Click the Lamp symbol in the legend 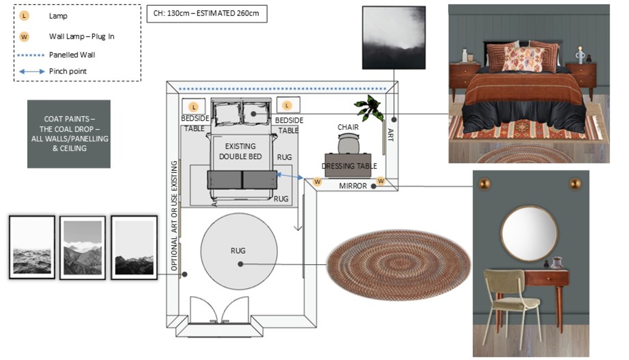24,16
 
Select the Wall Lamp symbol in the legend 24,37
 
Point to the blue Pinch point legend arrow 32,72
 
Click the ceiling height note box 207,13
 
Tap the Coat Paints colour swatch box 69,134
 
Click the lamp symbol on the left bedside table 194,107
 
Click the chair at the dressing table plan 348,143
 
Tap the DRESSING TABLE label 349,166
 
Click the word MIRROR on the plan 352,186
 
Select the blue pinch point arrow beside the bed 289,176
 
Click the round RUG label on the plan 238,251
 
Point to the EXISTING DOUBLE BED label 240,151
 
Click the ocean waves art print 32,248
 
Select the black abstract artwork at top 393,38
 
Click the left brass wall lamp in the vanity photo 484,184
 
